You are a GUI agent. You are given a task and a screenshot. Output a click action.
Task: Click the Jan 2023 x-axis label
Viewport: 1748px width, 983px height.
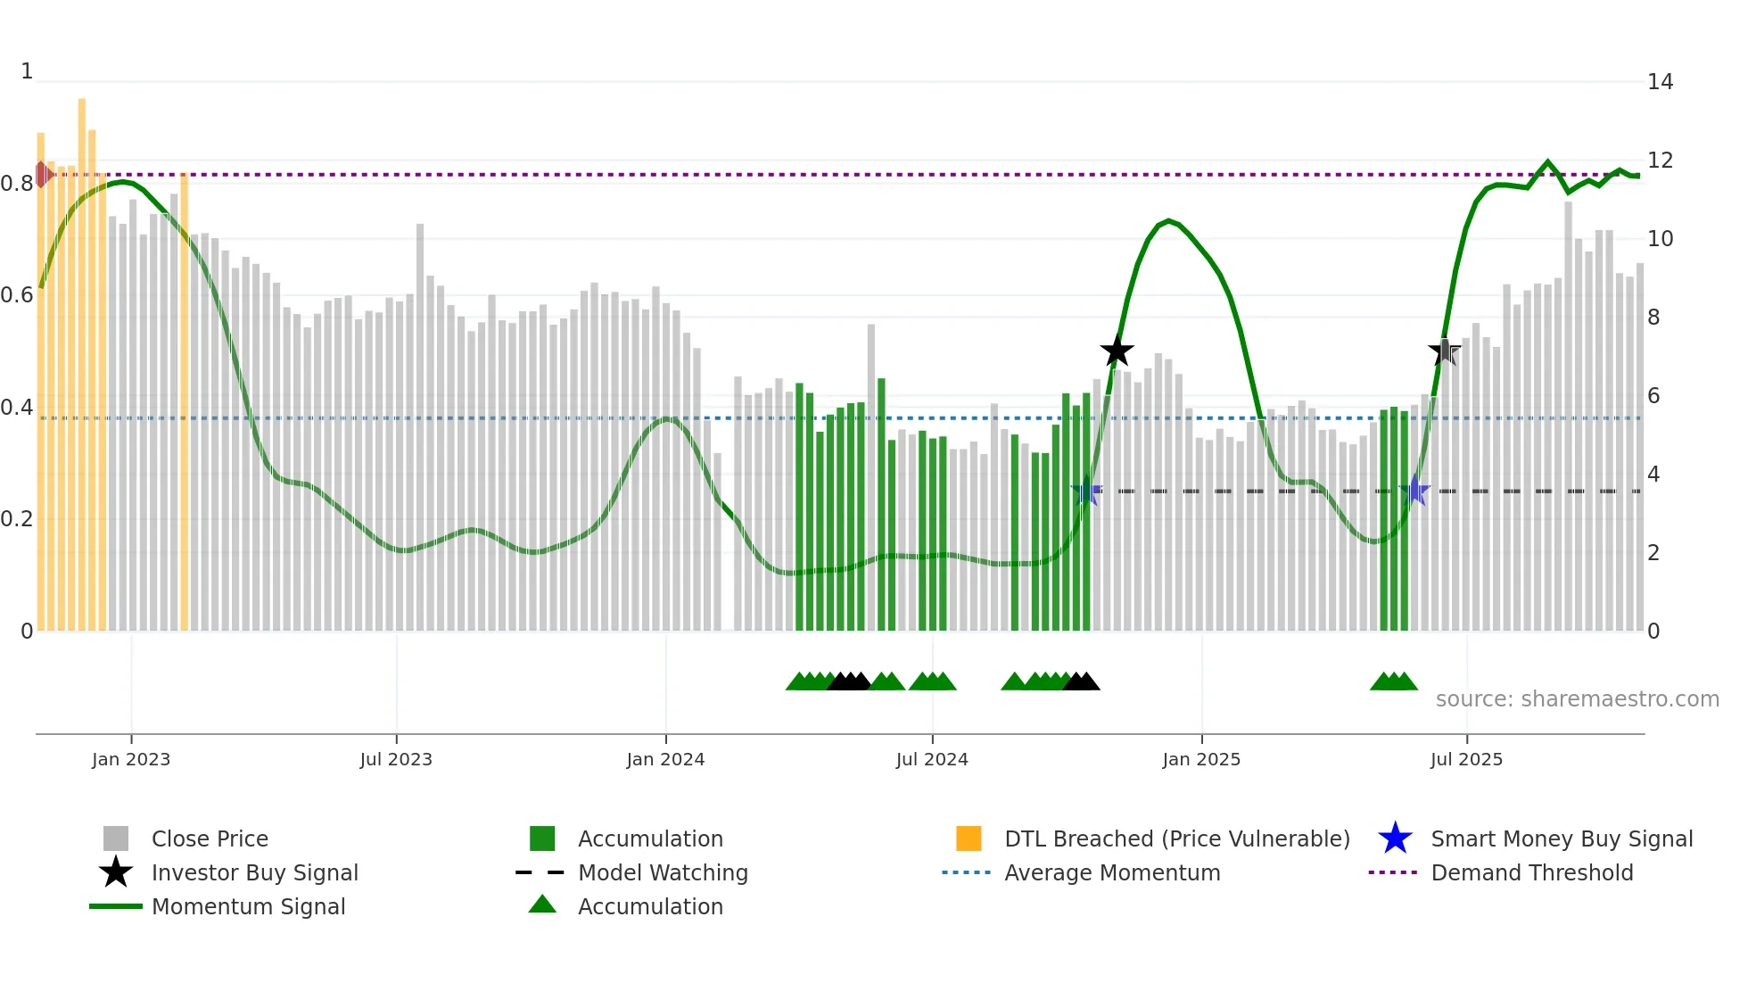click(130, 759)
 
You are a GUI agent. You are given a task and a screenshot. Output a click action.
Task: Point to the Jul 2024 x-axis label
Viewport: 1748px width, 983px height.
click(932, 759)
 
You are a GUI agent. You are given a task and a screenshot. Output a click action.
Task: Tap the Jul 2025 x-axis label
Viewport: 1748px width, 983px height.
click(1466, 759)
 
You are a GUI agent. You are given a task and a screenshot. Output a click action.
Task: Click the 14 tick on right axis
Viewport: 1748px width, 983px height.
click(1660, 82)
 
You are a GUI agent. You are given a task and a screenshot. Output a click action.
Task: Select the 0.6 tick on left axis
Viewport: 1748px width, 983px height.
click(17, 295)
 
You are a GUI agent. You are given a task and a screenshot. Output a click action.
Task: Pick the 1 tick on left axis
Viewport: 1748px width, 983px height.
click(27, 71)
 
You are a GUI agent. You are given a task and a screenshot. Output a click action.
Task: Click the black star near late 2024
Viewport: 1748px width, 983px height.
click(1117, 351)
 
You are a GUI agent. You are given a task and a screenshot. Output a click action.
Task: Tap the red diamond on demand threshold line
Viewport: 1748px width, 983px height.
click(42, 174)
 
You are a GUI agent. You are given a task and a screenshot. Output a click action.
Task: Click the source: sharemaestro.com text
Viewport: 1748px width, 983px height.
click(1577, 699)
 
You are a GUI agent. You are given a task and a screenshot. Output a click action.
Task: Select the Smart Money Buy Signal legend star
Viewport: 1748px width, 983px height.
click(1395, 838)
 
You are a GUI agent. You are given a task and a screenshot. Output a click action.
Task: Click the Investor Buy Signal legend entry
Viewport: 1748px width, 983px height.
click(254, 872)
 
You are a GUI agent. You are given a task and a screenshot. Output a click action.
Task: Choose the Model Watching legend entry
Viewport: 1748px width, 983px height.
click(663, 872)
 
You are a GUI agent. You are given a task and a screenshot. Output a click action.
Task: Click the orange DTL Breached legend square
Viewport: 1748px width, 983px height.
click(969, 838)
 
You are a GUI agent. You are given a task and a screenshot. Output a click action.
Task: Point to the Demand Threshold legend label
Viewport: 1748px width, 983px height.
click(1531, 872)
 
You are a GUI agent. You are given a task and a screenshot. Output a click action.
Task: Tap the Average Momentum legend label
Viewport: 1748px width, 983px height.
click(1112, 872)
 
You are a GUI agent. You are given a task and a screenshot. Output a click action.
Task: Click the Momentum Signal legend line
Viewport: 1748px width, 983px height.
click(116, 906)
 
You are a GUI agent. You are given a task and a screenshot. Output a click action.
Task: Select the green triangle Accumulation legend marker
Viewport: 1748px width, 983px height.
click(542, 905)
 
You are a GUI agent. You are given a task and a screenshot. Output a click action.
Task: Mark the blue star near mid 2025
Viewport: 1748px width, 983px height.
click(1414, 491)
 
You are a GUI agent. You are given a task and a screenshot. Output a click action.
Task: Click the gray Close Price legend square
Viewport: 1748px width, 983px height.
click(116, 838)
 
